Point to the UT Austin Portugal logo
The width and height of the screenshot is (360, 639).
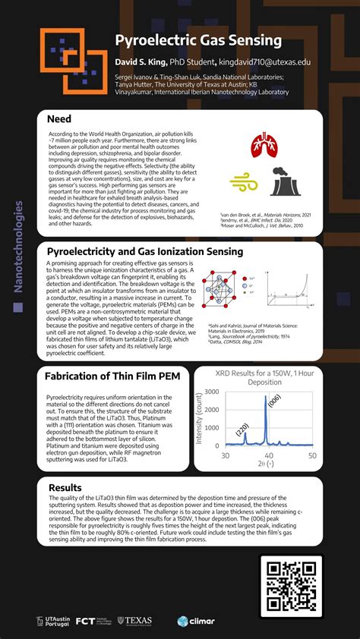point(54,621)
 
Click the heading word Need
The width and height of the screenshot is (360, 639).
point(59,119)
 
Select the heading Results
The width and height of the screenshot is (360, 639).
point(65,488)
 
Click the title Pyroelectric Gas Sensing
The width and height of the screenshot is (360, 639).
point(198,39)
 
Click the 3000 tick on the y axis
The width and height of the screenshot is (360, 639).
point(212,392)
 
